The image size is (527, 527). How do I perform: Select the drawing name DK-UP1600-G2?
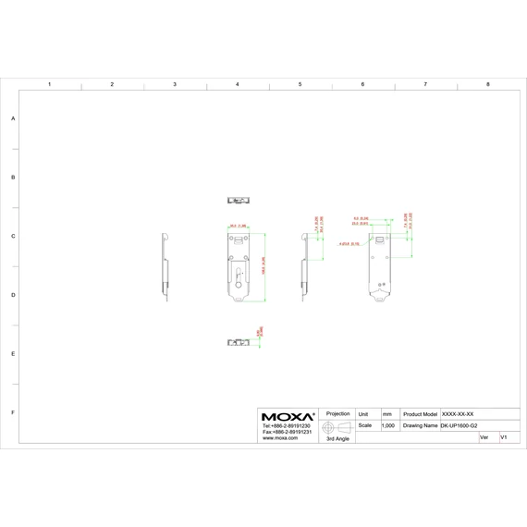(x=459, y=426)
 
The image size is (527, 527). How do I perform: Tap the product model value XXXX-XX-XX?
(x=458, y=414)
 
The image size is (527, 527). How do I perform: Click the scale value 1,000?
(x=388, y=426)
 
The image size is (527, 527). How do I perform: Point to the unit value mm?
(x=386, y=414)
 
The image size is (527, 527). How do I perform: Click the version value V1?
(x=503, y=437)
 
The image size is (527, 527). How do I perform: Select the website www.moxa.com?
(x=280, y=438)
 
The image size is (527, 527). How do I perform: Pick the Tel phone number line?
(x=286, y=426)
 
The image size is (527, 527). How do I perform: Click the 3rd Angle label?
(x=337, y=439)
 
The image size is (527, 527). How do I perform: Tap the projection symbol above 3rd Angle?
(x=337, y=426)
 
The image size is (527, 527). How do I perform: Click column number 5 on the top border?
(x=300, y=84)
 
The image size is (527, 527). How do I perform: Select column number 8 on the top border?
(x=487, y=84)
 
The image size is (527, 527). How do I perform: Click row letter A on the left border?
(x=13, y=118)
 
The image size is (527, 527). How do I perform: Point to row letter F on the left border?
(x=13, y=412)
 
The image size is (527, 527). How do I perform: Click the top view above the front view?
(x=239, y=200)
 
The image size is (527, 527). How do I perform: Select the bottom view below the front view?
(x=239, y=342)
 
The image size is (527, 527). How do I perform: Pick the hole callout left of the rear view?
(x=349, y=244)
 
